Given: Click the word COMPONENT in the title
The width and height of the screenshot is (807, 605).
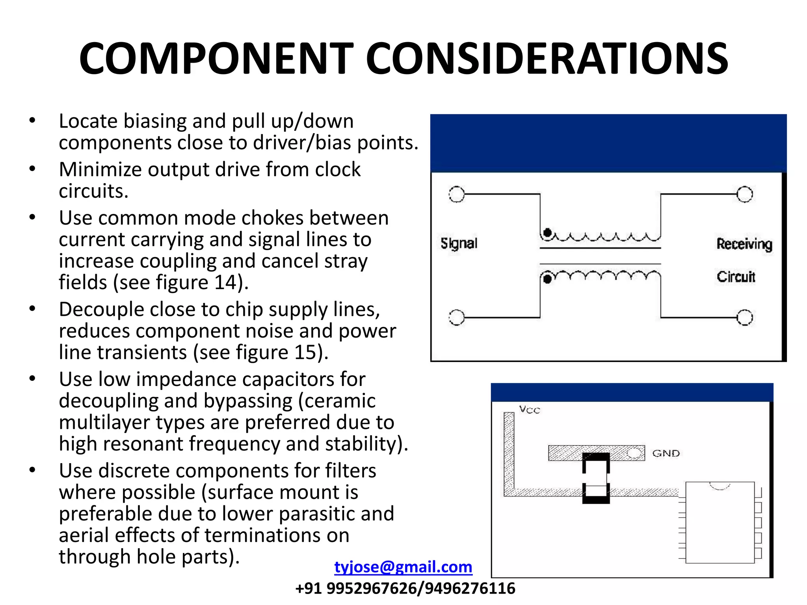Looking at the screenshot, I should (216, 59).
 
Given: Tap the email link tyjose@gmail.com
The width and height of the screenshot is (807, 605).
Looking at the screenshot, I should (403, 567).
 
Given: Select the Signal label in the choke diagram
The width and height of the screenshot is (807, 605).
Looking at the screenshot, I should (459, 243).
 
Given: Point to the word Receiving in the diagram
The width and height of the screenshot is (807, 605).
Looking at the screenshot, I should (744, 244).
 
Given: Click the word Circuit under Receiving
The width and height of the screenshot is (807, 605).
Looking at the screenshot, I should (736, 277).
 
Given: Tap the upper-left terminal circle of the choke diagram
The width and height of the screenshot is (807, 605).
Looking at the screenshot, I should (456, 195).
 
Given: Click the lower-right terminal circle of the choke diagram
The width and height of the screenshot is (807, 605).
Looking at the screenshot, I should (744, 317).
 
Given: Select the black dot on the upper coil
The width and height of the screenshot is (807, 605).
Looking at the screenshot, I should (547, 233).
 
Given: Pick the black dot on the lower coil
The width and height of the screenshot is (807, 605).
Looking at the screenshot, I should (547, 279).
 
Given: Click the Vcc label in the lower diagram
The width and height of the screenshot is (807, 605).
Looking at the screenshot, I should (529, 410).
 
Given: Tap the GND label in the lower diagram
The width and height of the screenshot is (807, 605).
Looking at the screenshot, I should (666, 453).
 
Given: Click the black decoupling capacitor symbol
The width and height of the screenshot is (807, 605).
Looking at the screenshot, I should (596, 478).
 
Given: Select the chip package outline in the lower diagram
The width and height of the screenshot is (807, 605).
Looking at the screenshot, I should (720, 523).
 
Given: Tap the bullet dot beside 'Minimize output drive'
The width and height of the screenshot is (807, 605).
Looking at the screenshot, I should (32, 169).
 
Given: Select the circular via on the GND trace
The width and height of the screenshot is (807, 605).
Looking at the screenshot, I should (634, 453).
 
